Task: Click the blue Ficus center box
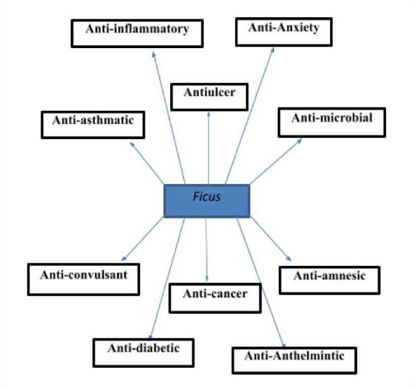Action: [207, 201]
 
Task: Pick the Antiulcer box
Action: [209, 97]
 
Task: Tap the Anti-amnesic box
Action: [329, 280]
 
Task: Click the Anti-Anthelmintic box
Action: [294, 360]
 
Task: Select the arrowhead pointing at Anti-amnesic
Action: [289, 259]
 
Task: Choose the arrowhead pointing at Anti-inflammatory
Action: [154, 53]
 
